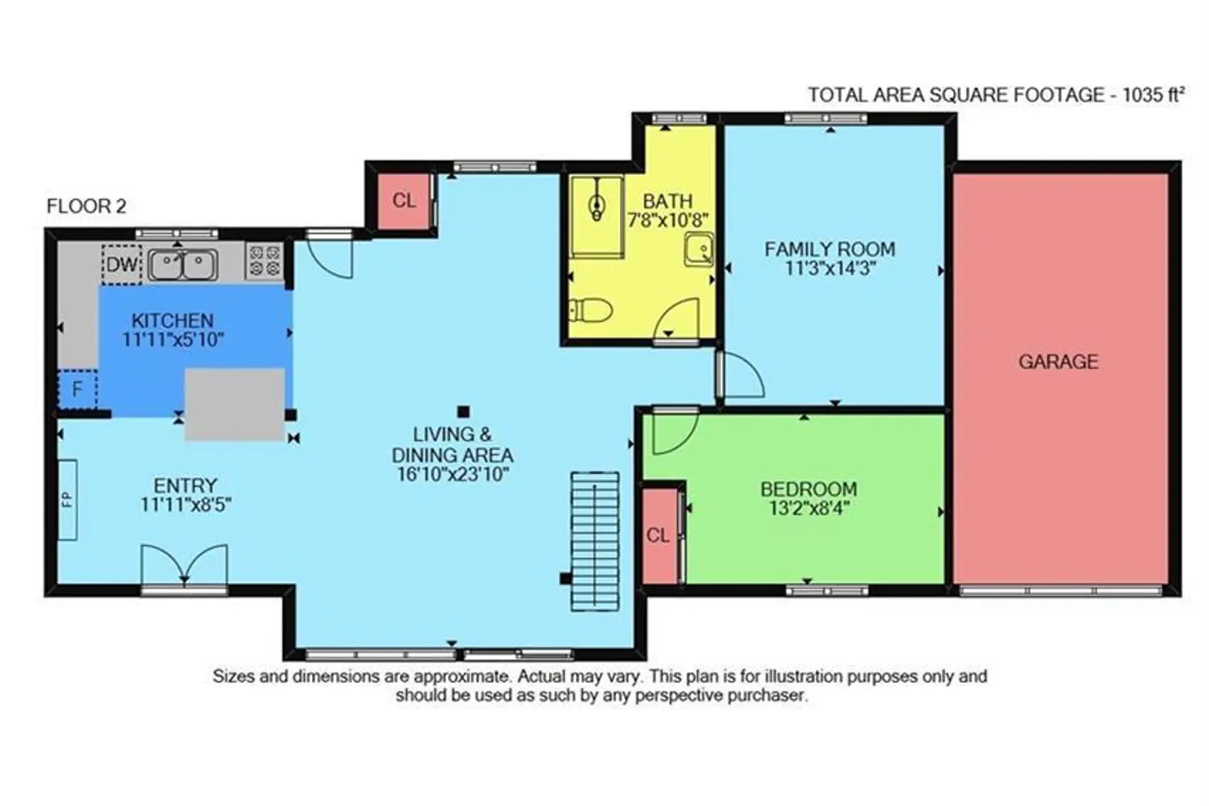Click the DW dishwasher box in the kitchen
122,264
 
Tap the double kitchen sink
183,265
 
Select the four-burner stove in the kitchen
264,261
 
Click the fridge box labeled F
77,388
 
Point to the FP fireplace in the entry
68,500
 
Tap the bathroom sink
699,249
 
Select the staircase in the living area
595,542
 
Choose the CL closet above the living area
404,201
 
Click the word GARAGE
1058,362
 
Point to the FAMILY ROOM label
830,249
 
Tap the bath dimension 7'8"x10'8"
667,220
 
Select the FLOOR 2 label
86,206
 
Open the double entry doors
184,565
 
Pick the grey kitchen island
235,405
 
